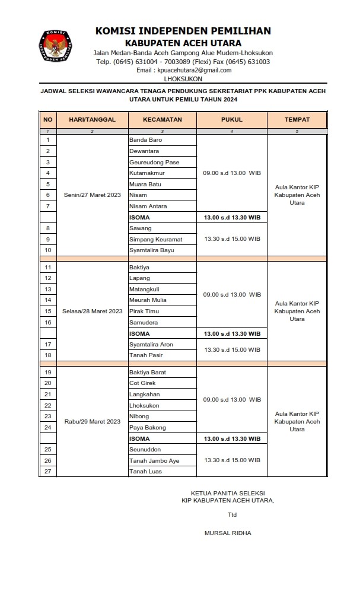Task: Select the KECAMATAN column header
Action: point(162,119)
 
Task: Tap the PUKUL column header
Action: point(231,119)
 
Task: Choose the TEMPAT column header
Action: point(297,119)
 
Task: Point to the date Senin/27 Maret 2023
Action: point(92,195)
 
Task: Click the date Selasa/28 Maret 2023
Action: point(92,311)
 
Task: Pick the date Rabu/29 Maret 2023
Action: point(92,422)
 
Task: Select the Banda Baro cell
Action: point(145,140)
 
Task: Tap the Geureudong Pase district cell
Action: point(154,162)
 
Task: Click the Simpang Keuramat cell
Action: point(155,239)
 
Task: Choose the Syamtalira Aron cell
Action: point(151,344)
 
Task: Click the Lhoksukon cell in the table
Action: point(144,405)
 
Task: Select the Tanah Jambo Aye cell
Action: point(154,460)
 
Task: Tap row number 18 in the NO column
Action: point(47,355)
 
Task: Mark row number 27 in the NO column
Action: point(47,472)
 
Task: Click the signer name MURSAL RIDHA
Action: point(227,533)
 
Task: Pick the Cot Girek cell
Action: point(142,383)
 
